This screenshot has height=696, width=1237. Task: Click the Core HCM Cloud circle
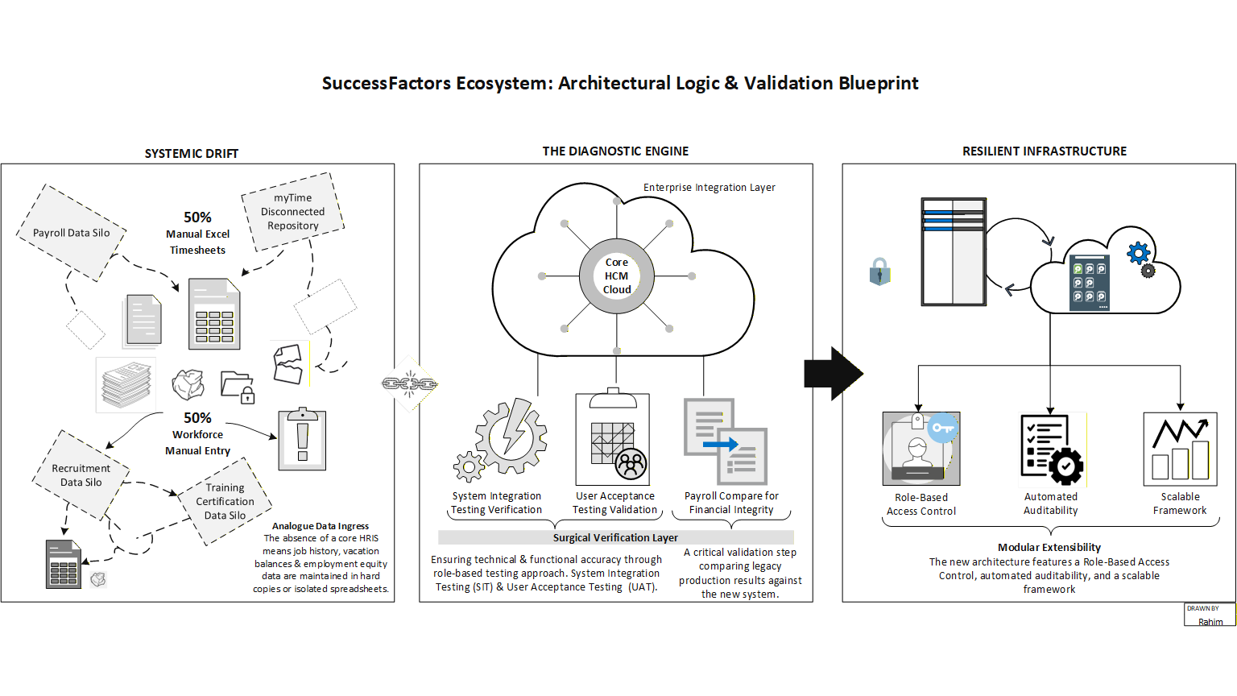point(617,276)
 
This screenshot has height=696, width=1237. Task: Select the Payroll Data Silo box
point(72,233)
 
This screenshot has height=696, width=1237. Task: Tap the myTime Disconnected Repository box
point(293,212)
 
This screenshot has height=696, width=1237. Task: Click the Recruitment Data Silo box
point(81,475)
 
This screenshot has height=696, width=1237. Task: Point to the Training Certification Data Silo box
point(225,501)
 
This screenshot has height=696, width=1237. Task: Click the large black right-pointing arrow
point(833,374)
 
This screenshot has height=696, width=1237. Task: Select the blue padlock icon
point(879,272)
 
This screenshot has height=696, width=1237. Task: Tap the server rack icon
point(954,252)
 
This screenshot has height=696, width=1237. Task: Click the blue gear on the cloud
point(1138,254)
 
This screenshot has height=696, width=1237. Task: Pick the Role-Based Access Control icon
point(921,448)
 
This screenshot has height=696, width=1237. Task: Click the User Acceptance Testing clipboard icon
point(613,438)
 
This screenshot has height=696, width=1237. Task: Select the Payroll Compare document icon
point(726,441)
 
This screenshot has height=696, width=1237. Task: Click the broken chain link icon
point(409,384)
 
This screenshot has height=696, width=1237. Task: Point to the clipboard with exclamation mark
point(302,439)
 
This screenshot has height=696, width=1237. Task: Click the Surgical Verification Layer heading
point(615,537)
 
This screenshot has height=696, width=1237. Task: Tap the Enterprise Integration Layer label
point(709,188)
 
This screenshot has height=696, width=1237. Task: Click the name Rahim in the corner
point(1210,622)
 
